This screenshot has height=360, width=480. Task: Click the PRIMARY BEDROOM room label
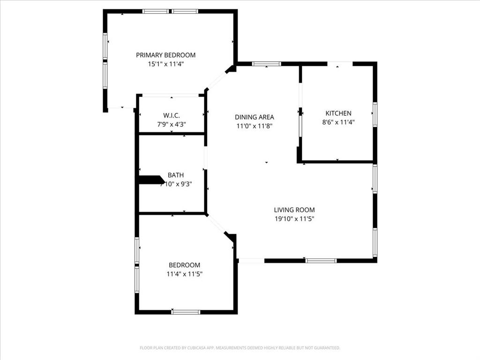165,55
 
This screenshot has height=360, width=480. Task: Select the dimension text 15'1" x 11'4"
165,64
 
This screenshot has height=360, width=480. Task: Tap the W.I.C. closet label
172,115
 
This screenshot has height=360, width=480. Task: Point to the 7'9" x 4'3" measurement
172,124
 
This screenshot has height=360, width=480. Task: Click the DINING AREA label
254,117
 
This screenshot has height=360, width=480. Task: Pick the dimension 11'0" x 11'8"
254,126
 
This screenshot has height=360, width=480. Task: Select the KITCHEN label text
338,113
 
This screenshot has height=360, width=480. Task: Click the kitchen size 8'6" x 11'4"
338,122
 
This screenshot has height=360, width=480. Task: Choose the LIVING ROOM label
294,210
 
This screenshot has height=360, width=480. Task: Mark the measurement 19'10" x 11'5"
294,219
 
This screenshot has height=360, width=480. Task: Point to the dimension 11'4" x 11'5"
184,274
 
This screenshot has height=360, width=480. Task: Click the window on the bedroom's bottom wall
186,312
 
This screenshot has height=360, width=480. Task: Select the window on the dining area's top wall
266,64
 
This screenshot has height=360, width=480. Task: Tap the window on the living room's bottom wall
321,260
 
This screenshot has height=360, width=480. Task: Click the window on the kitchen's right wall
375,114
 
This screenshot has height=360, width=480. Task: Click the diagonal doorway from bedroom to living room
217,224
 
